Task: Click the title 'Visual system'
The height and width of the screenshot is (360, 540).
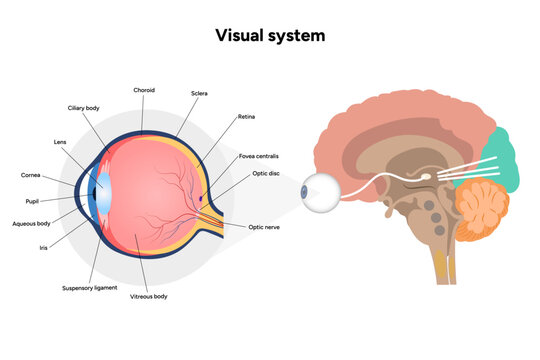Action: [x=270, y=35]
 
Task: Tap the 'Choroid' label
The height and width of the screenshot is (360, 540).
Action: [x=144, y=90]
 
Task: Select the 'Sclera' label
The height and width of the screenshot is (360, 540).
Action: [x=199, y=93]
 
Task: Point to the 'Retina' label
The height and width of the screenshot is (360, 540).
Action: [x=246, y=117]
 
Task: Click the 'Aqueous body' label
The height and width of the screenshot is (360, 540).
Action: [x=30, y=223]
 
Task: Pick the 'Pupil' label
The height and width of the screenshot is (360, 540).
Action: [x=32, y=200]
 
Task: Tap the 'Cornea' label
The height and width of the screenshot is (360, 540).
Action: [x=31, y=175]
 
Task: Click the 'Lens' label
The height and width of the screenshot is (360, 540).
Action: [x=60, y=141]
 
